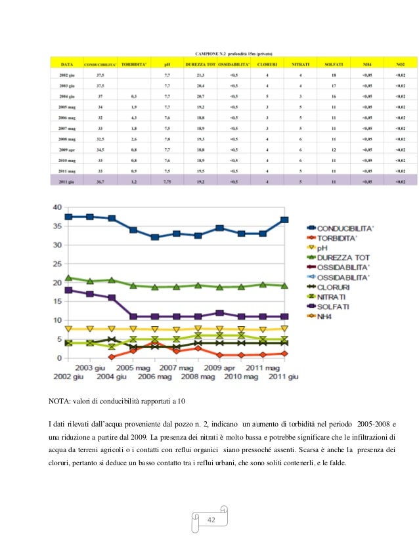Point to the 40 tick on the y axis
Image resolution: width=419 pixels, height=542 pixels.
click(x=57, y=207)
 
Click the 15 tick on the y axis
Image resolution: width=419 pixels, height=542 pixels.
click(x=57, y=301)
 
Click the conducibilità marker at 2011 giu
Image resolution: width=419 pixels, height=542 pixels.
click(x=284, y=220)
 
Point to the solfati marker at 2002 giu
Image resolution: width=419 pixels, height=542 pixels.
click(x=68, y=290)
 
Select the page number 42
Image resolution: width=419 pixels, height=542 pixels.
click(x=211, y=520)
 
